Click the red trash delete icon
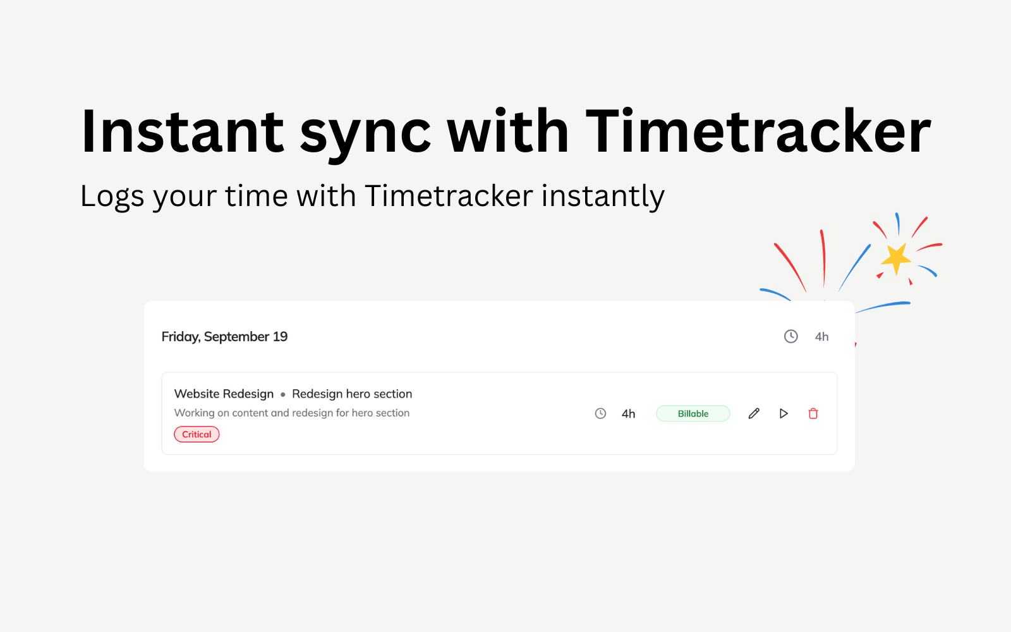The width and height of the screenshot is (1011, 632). coord(813,413)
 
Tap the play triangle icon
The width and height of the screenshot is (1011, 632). coord(784,413)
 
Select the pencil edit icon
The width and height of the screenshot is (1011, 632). coord(754,413)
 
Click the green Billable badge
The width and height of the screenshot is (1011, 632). coord(693,413)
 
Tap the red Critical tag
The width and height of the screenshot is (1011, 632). coord(197,434)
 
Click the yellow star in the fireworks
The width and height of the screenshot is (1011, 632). coord(896,258)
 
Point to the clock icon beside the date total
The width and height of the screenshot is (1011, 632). coord(790,336)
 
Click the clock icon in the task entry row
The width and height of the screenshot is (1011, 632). coord(600,413)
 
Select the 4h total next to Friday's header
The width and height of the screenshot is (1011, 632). coord(821,337)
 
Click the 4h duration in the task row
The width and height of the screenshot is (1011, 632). coord(628,414)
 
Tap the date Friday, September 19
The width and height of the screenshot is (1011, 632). coord(224,337)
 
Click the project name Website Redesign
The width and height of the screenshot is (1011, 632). coord(224,394)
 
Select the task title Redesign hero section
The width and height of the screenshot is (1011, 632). coord(352,394)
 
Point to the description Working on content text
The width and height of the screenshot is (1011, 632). coord(291,413)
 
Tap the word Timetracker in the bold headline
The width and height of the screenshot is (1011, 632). coord(758,132)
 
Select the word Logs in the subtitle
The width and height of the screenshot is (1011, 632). coord(112,197)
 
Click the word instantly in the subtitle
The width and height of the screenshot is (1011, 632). coord(603,197)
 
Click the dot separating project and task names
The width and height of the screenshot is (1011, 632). coord(283,394)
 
